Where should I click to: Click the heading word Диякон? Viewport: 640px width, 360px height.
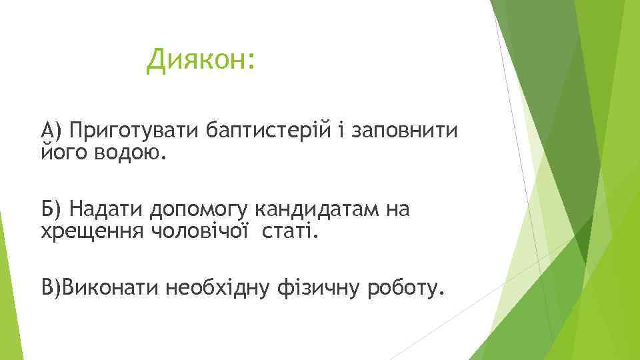point(201,61)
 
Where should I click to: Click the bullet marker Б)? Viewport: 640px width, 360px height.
point(51,210)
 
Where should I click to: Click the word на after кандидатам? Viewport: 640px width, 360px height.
point(398,210)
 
